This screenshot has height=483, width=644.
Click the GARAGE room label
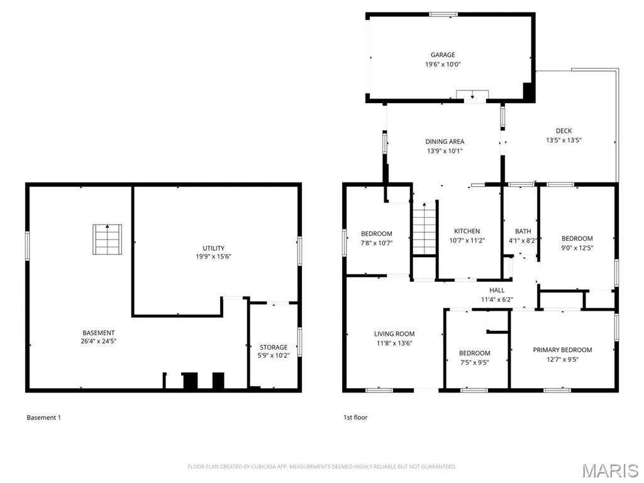point(443,55)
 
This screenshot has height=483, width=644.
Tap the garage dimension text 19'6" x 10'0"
point(443,64)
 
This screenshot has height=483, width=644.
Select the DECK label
point(563,131)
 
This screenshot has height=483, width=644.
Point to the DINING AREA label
point(445,142)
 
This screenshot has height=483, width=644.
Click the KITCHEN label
point(467,231)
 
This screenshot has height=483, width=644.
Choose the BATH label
point(523,231)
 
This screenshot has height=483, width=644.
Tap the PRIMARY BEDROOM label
point(562,350)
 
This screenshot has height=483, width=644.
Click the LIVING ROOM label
point(394,334)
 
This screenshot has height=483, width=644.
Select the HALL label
point(497,291)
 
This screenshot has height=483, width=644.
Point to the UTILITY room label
point(214,248)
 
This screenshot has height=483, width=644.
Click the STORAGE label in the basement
point(274,347)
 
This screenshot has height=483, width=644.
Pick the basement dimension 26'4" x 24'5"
point(99,341)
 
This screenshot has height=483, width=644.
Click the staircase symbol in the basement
point(107,240)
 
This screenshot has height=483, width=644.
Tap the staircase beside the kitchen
point(424,229)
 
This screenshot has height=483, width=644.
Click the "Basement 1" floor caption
point(43,418)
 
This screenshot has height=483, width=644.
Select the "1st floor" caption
point(355,418)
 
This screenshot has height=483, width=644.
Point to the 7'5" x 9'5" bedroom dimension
point(474,362)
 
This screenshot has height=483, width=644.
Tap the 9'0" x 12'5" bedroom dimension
point(577,248)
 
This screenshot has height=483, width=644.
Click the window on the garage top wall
point(443,14)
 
